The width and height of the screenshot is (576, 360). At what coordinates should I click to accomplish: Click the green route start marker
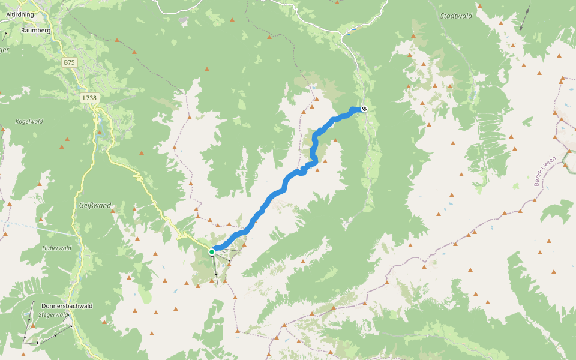click(x=212, y=252)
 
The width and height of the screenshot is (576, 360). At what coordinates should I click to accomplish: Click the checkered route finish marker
click(x=364, y=109)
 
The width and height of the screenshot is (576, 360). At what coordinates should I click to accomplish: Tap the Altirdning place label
click(x=19, y=14)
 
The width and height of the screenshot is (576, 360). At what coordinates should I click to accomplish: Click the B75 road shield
click(x=70, y=62)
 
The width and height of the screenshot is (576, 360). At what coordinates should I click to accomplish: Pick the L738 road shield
click(x=89, y=97)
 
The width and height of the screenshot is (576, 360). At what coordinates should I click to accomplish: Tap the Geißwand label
click(x=95, y=205)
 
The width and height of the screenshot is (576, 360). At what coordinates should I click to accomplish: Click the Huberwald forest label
click(x=57, y=248)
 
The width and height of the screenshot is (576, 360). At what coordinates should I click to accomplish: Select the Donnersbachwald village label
click(x=67, y=305)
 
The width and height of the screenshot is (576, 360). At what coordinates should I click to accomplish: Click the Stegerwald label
click(x=51, y=314)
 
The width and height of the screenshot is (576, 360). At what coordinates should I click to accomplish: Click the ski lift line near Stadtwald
click(x=524, y=19)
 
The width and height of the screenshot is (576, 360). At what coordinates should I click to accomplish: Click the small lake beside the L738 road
click(x=100, y=129)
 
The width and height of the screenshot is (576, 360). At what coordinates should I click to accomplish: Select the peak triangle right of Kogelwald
click(x=62, y=146)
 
